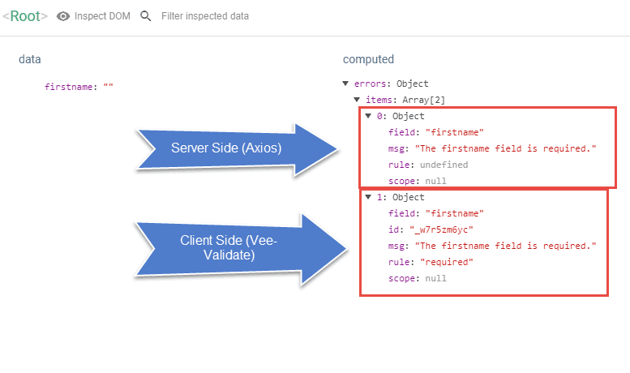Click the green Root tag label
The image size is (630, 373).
(x=25, y=16)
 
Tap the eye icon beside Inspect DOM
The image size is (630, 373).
(x=63, y=16)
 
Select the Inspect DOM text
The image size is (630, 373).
(x=102, y=16)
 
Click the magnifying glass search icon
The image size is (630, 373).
(x=145, y=16)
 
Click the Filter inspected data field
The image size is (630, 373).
(x=205, y=16)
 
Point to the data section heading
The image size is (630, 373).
(x=30, y=59)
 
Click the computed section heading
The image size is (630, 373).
(x=368, y=59)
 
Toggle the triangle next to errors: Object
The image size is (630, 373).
(x=345, y=84)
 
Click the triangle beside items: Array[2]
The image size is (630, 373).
(x=357, y=100)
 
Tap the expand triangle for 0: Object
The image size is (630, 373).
(x=368, y=116)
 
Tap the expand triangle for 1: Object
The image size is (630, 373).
(x=368, y=197)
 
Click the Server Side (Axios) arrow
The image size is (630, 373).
(x=237, y=149)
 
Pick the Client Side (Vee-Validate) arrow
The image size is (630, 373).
(x=241, y=249)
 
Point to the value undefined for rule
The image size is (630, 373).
(x=444, y=165)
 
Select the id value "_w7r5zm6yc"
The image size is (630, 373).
(x=441, y=229)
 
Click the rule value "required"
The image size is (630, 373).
(x=447, y=262)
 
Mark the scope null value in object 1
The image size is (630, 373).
(x=435, y=278)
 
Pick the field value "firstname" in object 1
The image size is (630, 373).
(x=454, y=213)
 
